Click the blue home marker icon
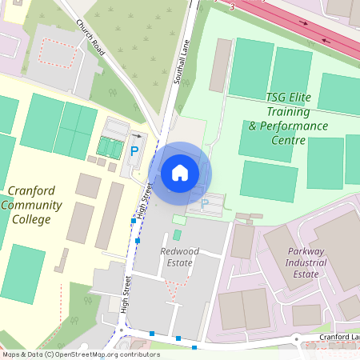pyautogui.click(x=180, y=172)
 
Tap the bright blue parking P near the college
pyautogui.click(x=134, y=150)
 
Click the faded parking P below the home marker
pyautogui.click(x=204, y=204)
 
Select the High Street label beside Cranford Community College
pyautogui.click(x=143, y=201)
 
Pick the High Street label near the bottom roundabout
pyautogui.click(x=126, y=295)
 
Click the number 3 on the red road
pyautogui.click(x=231, y=6)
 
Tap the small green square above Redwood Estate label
pyautogui.click(x=176, y=234)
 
